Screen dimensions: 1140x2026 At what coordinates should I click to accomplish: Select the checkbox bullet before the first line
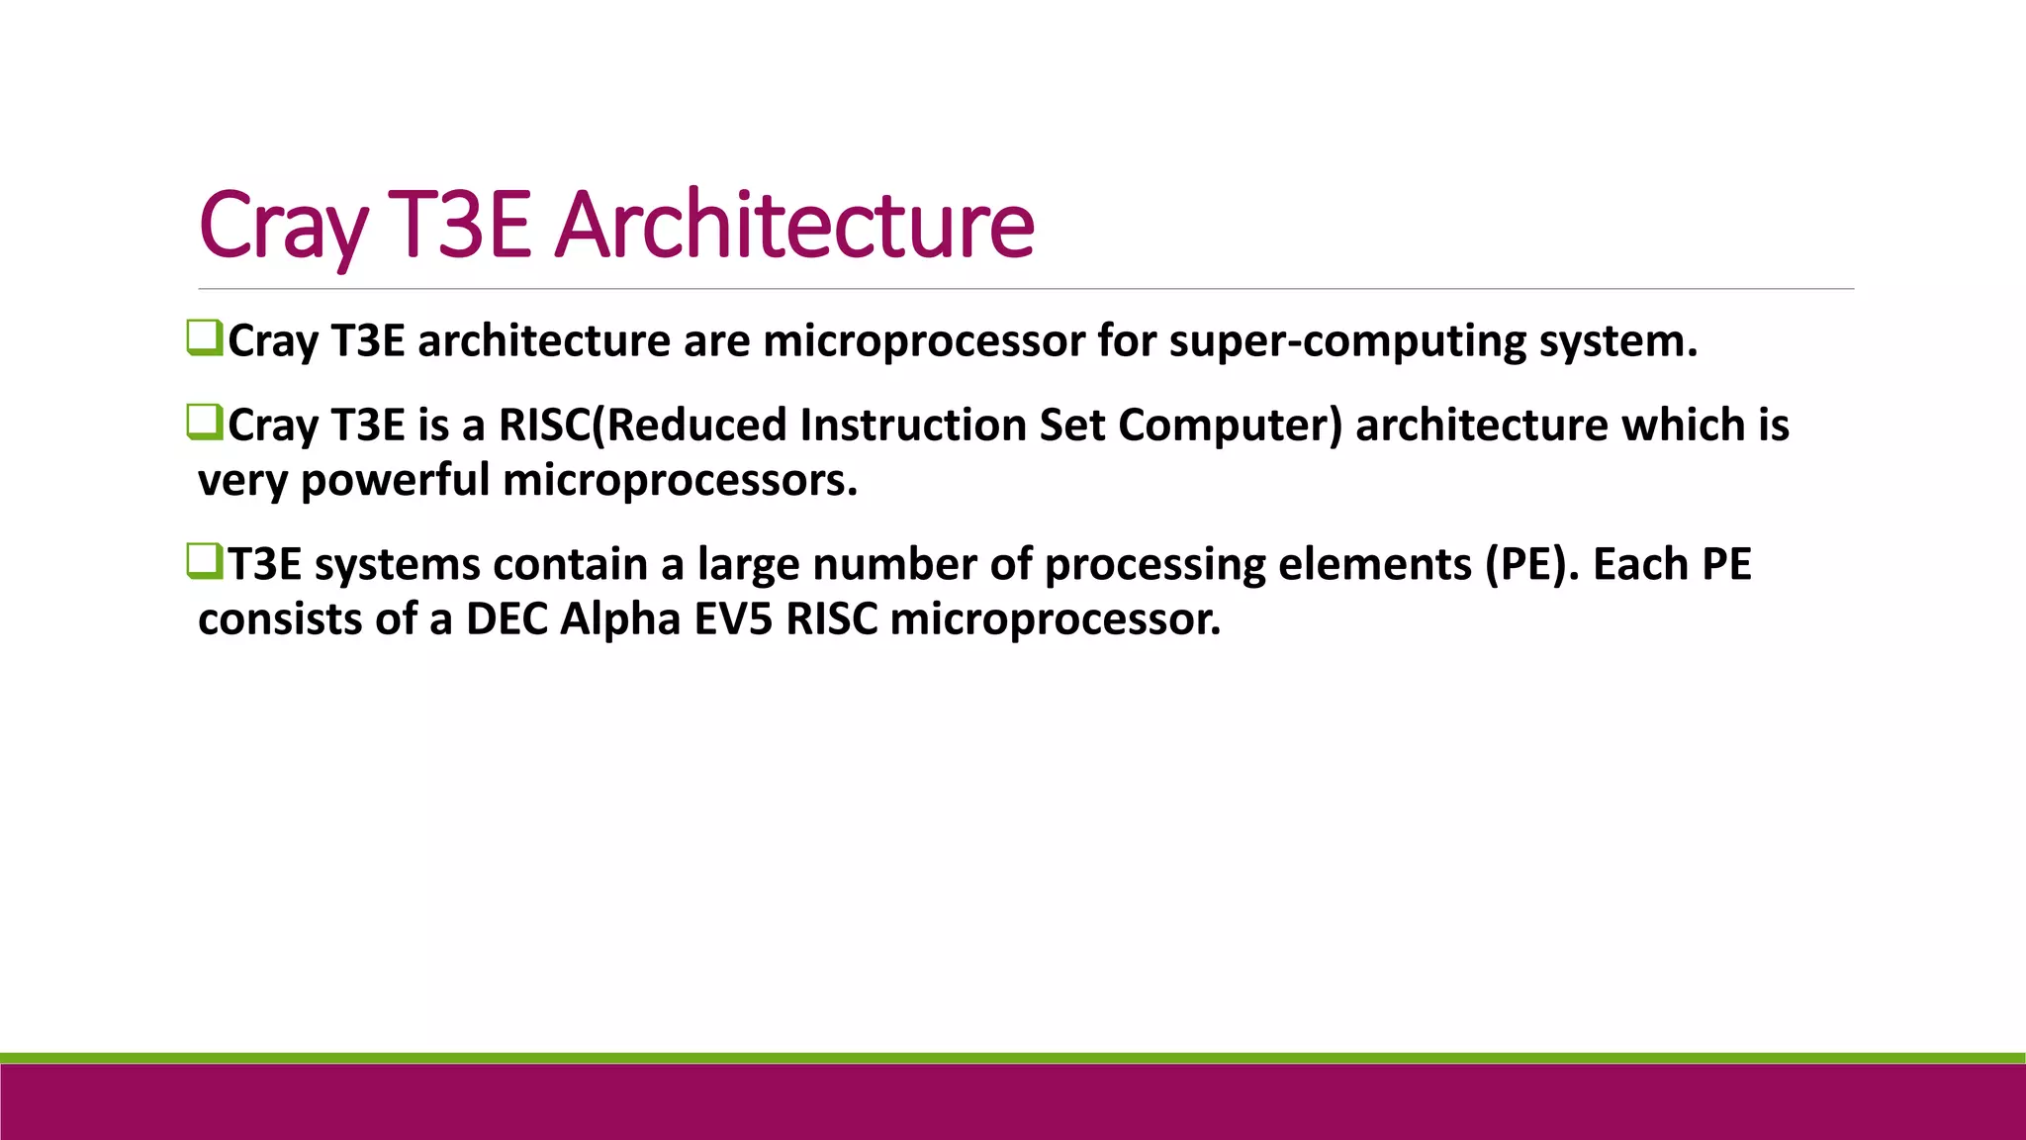coord(204,338)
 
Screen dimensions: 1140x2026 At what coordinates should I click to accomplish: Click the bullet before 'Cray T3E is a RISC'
coord(204,423)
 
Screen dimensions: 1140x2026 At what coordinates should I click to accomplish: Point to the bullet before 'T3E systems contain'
coord(204,562)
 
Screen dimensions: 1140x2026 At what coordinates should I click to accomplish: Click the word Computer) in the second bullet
coord(1230,425)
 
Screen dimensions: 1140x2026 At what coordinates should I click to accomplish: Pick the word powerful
coord(395,481)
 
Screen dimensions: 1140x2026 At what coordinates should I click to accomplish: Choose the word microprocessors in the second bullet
coord(680,481)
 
